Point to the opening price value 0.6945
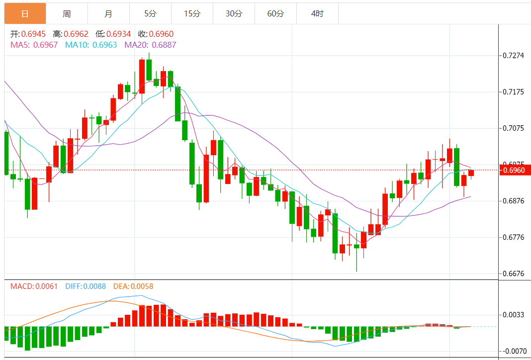34,34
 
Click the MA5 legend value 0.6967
45,45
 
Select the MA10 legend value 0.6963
105,45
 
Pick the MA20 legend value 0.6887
164,45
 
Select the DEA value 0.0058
142,286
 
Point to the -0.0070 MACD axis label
514,351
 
